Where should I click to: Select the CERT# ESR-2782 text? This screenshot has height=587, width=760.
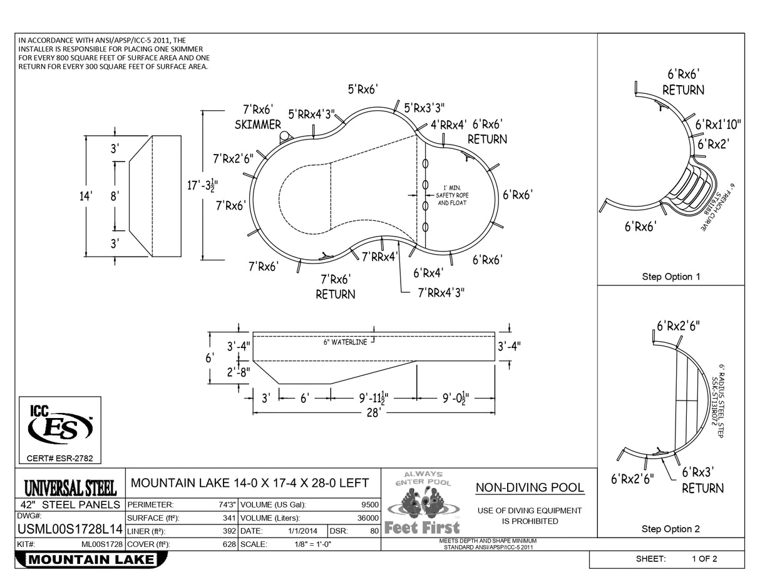pyautogui.click(x=59, y=459)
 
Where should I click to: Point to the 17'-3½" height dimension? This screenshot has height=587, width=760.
pyautogui.click(x=202, y=186)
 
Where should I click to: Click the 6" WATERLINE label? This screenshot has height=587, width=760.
pyautogui.click(x=345, y=342)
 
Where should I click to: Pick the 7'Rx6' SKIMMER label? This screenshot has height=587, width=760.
pyautogui.click(x=258, y=117)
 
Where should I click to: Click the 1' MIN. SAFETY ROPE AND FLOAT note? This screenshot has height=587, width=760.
pyautogui.click(x=452, y=195)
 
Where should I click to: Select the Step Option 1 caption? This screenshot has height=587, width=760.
pyautogui.click(x=671, y=277)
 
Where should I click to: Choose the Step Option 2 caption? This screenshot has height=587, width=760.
pyautogui.click(x=671, y=529)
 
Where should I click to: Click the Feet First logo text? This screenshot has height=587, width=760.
pyautogui.click(x=422, y=528)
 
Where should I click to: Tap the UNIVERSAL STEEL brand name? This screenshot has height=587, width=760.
pyautogui.click(x=69, y=487)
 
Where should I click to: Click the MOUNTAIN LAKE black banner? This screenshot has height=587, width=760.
pyautogui.click(x=91, y=559)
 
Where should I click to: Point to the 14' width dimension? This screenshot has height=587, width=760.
pyautogui.click(x=86, y=196)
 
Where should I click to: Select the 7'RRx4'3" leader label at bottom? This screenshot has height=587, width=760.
pyautogui.click(x=441, y=292)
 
